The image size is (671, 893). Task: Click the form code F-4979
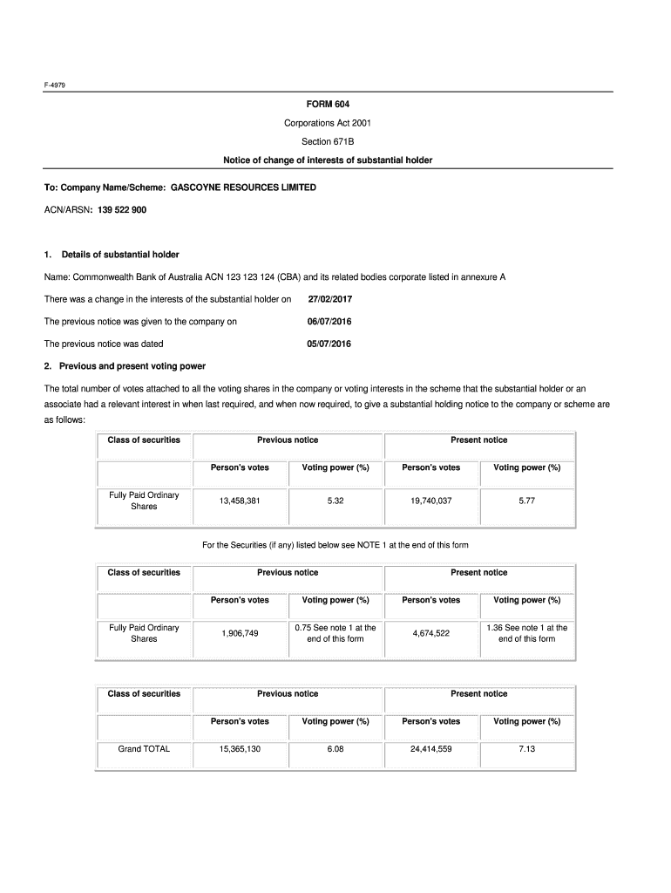(x=55, y=85)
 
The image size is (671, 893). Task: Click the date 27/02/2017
(x=330, y=299)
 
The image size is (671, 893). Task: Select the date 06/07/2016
(x=330, y=322)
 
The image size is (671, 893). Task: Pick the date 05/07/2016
(x=330, y=344)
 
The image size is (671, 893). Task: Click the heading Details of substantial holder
(x=119, y=255)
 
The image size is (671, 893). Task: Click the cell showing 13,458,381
(x=240, y=501)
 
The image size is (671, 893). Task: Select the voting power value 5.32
(x=335, y=501)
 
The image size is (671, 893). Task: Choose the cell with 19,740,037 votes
(x=430, y=501)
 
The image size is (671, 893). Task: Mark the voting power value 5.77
(x=526, y=501)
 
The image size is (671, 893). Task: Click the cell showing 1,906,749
(x=240, y=633)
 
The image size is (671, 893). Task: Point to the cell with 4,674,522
(x=430, y=633)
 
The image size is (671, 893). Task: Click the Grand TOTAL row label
(x=144, y=748)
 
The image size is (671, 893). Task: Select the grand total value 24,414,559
(x=430, y=748)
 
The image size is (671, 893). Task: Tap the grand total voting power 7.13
(x=526, y=748)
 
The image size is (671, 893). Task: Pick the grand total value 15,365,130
(x=240, y=748)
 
